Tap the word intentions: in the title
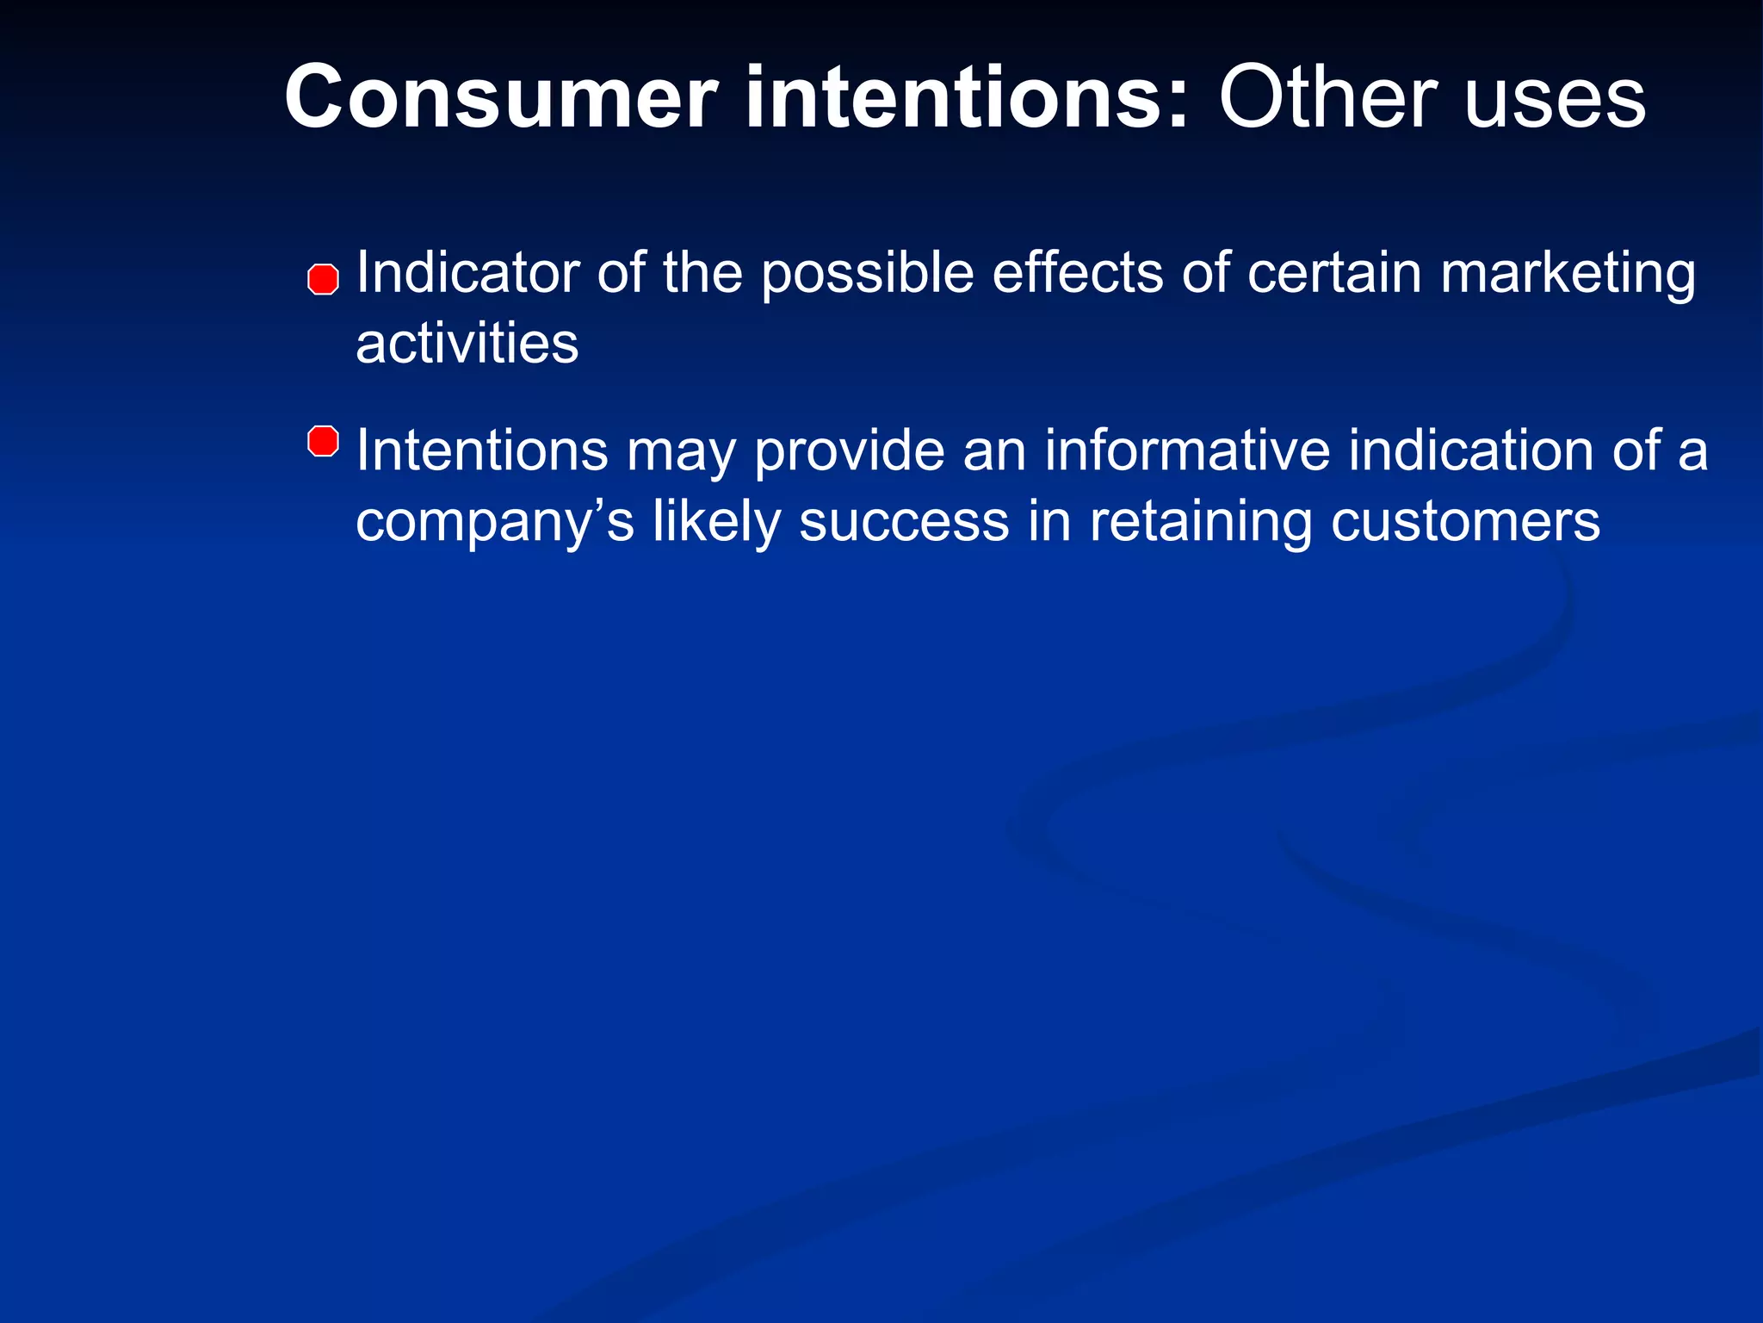968,99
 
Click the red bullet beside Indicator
323,280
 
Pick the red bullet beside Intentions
323,441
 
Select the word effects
1077,273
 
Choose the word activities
467,344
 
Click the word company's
495,524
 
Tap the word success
904,522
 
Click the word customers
1465,522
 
